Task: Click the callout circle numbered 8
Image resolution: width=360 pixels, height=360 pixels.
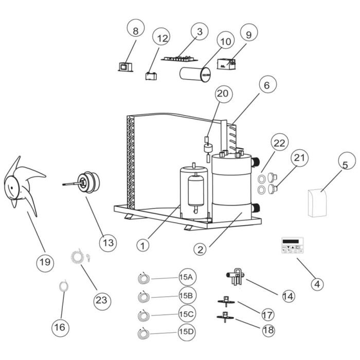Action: pyautogui.click(x=136, y=31)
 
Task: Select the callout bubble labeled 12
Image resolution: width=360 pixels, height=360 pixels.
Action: pyautogui.click(x=163, y=39)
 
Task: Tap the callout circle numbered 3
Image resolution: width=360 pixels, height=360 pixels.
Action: pyautogui.click(x=199, y=31)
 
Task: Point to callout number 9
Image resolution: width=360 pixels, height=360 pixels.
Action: pyautogui.click(x=248, y=34)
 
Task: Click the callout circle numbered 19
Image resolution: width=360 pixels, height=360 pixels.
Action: pyautogui.click(x=45, y=262)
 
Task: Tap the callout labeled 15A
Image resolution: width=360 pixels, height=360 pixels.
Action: pyautogui.click(x=186, y=277)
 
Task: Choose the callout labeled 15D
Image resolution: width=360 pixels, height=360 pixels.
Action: pyautogui.click(x=186, y=332)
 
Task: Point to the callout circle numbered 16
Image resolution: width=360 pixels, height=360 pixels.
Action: pyautogui.click(x=61, y=327)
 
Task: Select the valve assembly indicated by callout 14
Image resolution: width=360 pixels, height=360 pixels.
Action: pyautogui.click(x=235, y=278)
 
